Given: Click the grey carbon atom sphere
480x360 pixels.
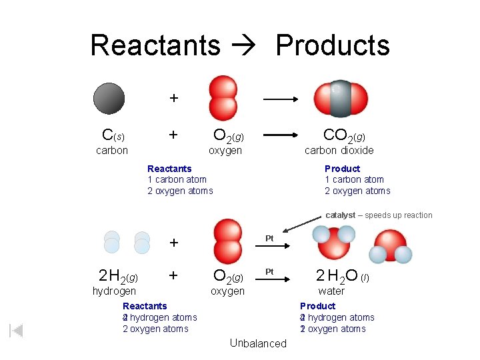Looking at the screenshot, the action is click(109, 98).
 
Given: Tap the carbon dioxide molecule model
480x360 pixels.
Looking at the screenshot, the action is click(340, 99).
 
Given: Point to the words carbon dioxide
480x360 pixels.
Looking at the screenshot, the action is click(339, 151).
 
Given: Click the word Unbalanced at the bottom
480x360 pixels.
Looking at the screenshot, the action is click(257, 343).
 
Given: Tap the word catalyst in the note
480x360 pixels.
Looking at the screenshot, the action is click(340, 215).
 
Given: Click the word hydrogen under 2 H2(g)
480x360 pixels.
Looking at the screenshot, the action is click(114, 291).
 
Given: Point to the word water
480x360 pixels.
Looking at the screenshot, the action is click(331, 291).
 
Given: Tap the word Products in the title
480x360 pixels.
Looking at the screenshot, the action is click(332, 45).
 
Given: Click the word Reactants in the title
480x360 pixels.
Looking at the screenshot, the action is click(155, 45).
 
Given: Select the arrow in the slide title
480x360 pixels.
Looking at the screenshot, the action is click(247, 45).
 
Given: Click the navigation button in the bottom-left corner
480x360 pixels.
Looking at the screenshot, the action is click(17, 331).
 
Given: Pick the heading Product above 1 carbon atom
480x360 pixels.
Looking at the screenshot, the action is click(342, 169).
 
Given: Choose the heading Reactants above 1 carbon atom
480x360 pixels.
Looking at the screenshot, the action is click(169, 169).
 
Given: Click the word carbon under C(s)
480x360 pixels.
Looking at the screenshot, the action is click(112, 151).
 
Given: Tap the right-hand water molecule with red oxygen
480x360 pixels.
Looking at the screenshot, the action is click(391, 246).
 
